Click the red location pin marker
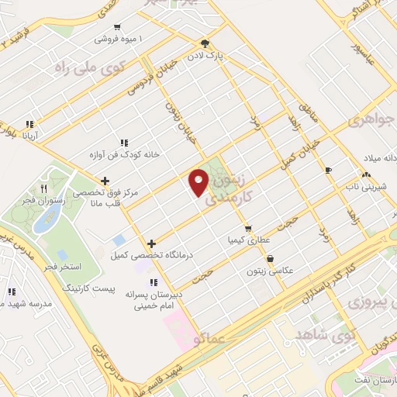point(199,181)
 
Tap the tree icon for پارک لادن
point(205,43)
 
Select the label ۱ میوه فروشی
point(117,38)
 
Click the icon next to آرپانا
point(29,123)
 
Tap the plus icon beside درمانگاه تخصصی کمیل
point(151,243)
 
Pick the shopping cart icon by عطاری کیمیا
point(247,228)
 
